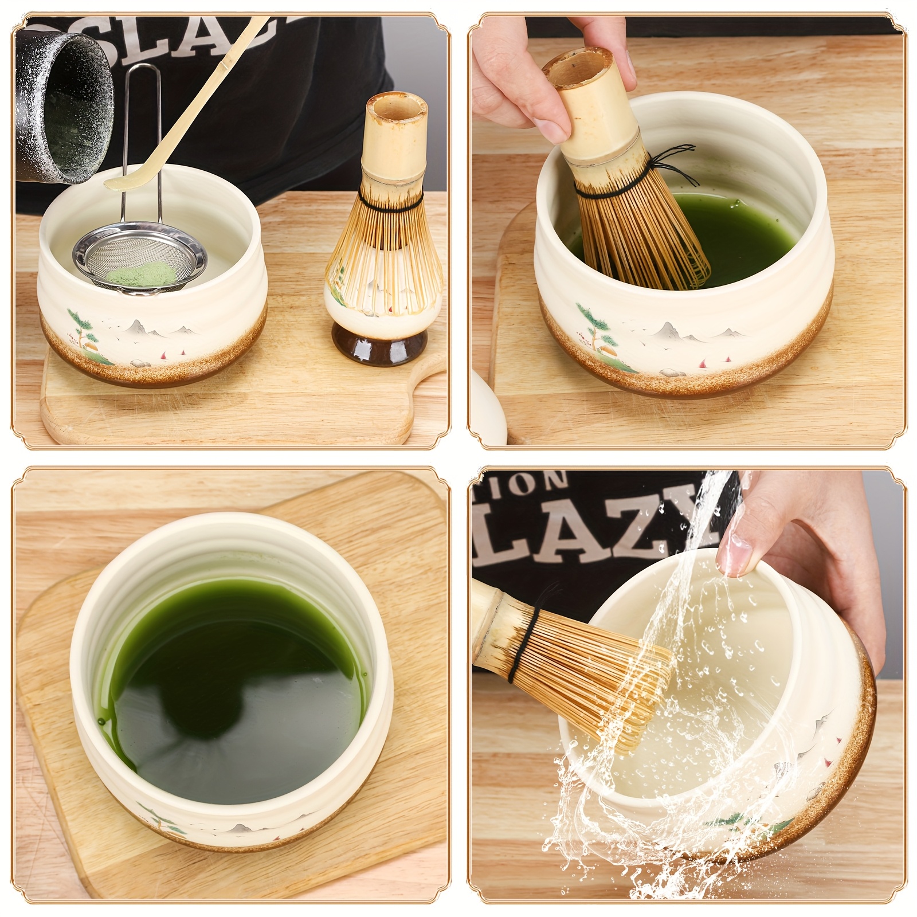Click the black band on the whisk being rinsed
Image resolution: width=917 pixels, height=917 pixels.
click(x=525, y=651)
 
